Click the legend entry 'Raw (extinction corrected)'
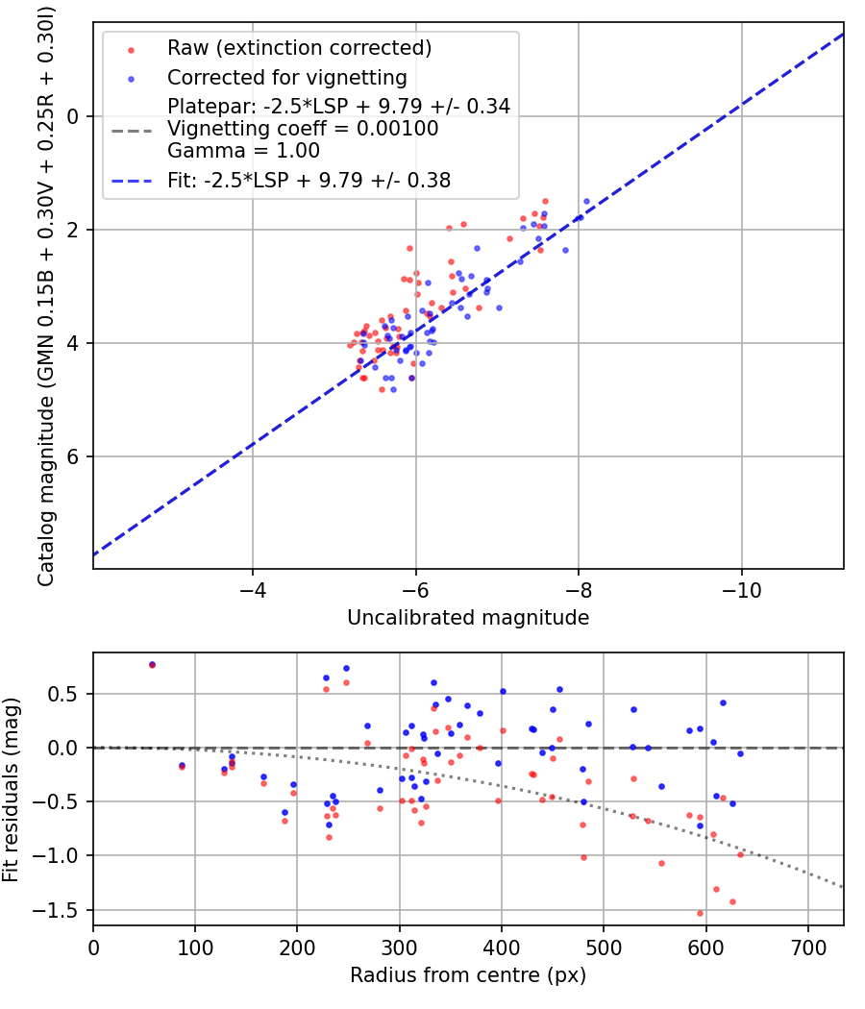(x=299, y=48)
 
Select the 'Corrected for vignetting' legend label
(x=287, y=77)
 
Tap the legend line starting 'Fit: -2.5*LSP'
(x=309, y=180)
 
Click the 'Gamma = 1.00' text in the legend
(x=243, y=151)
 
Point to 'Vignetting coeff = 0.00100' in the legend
(x=303, y=129)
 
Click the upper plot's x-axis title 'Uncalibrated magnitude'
(x=468, y=617)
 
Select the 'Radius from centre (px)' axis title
(x=468, y=975)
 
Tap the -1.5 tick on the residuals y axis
(x=64, y=910)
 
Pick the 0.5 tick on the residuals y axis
(x=69, y=694)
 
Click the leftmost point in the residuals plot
(x=152, y=664)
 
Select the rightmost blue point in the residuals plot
(x=740, y=753)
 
